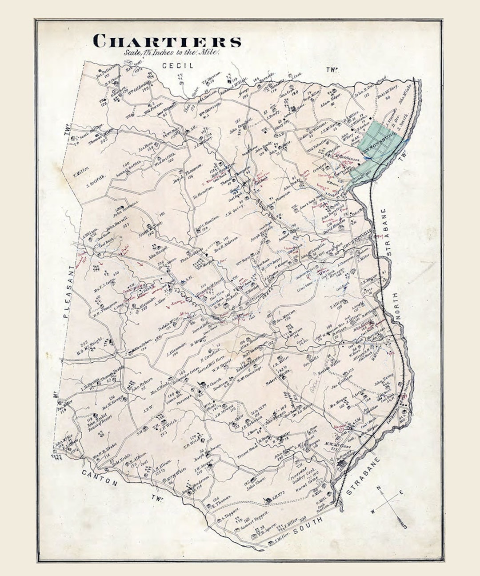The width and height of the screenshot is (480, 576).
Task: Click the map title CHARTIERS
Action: pyautogui.click(x=167, y=41)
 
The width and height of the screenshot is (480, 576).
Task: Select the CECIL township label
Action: pyautogui.click(x=178, y=66)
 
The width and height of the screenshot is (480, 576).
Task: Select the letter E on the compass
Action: pyautogui.click(x=401, y=492)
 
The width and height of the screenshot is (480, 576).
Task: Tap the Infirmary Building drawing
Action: pyautogui.click(x=343, y=464)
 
